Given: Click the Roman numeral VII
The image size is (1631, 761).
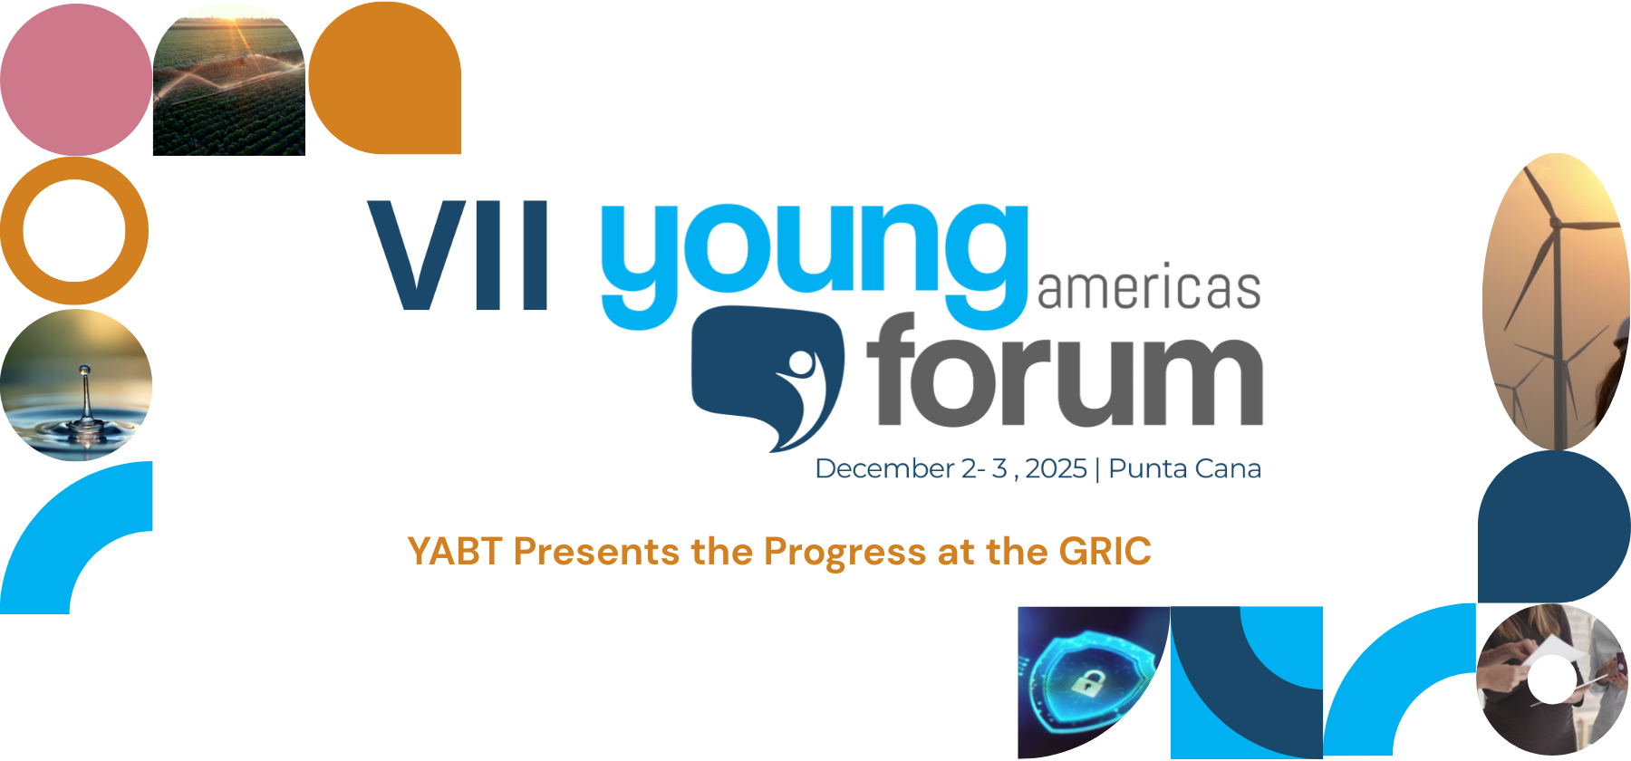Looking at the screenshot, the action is pyautogui.click(x=458, y=255).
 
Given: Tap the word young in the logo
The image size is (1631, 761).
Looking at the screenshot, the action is pyautogui.click(x=815, y=263).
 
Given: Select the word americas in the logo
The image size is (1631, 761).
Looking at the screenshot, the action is pyautogui.click(x=1149, y=288).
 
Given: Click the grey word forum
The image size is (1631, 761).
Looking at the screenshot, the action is pyautogui.click(x=1065, y=371).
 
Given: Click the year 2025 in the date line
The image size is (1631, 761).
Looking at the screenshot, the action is pyautogui.click(x=1056, y=468).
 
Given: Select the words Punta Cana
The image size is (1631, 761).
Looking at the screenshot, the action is pyautogui.click(x=1185, y=468).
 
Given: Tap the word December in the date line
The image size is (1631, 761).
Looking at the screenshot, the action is pyautogui.click(x=885, y=468).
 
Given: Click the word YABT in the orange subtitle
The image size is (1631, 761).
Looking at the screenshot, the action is pyautogui.click(x=454, y=552).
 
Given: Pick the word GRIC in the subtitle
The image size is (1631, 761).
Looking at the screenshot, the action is pyautogui.click(x=1105, y=552).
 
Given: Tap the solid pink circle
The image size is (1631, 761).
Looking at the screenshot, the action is pyautogui.click(x=76, y=79).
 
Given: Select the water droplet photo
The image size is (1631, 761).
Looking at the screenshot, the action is pyautogui.click(x=76, y=385).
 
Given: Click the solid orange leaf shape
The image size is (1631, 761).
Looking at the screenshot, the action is pyautogui.click(x=385, y=78).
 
